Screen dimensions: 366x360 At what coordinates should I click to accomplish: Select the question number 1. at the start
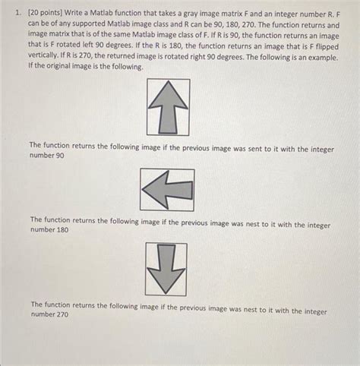coord(19,11)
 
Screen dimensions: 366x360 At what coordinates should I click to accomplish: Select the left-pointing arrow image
coord(167,189)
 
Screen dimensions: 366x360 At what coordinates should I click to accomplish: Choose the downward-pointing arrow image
coord(166,269)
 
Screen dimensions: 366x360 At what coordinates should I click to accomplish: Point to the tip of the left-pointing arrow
coord(144,190)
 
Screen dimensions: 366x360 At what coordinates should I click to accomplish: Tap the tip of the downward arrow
coord(166,292)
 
